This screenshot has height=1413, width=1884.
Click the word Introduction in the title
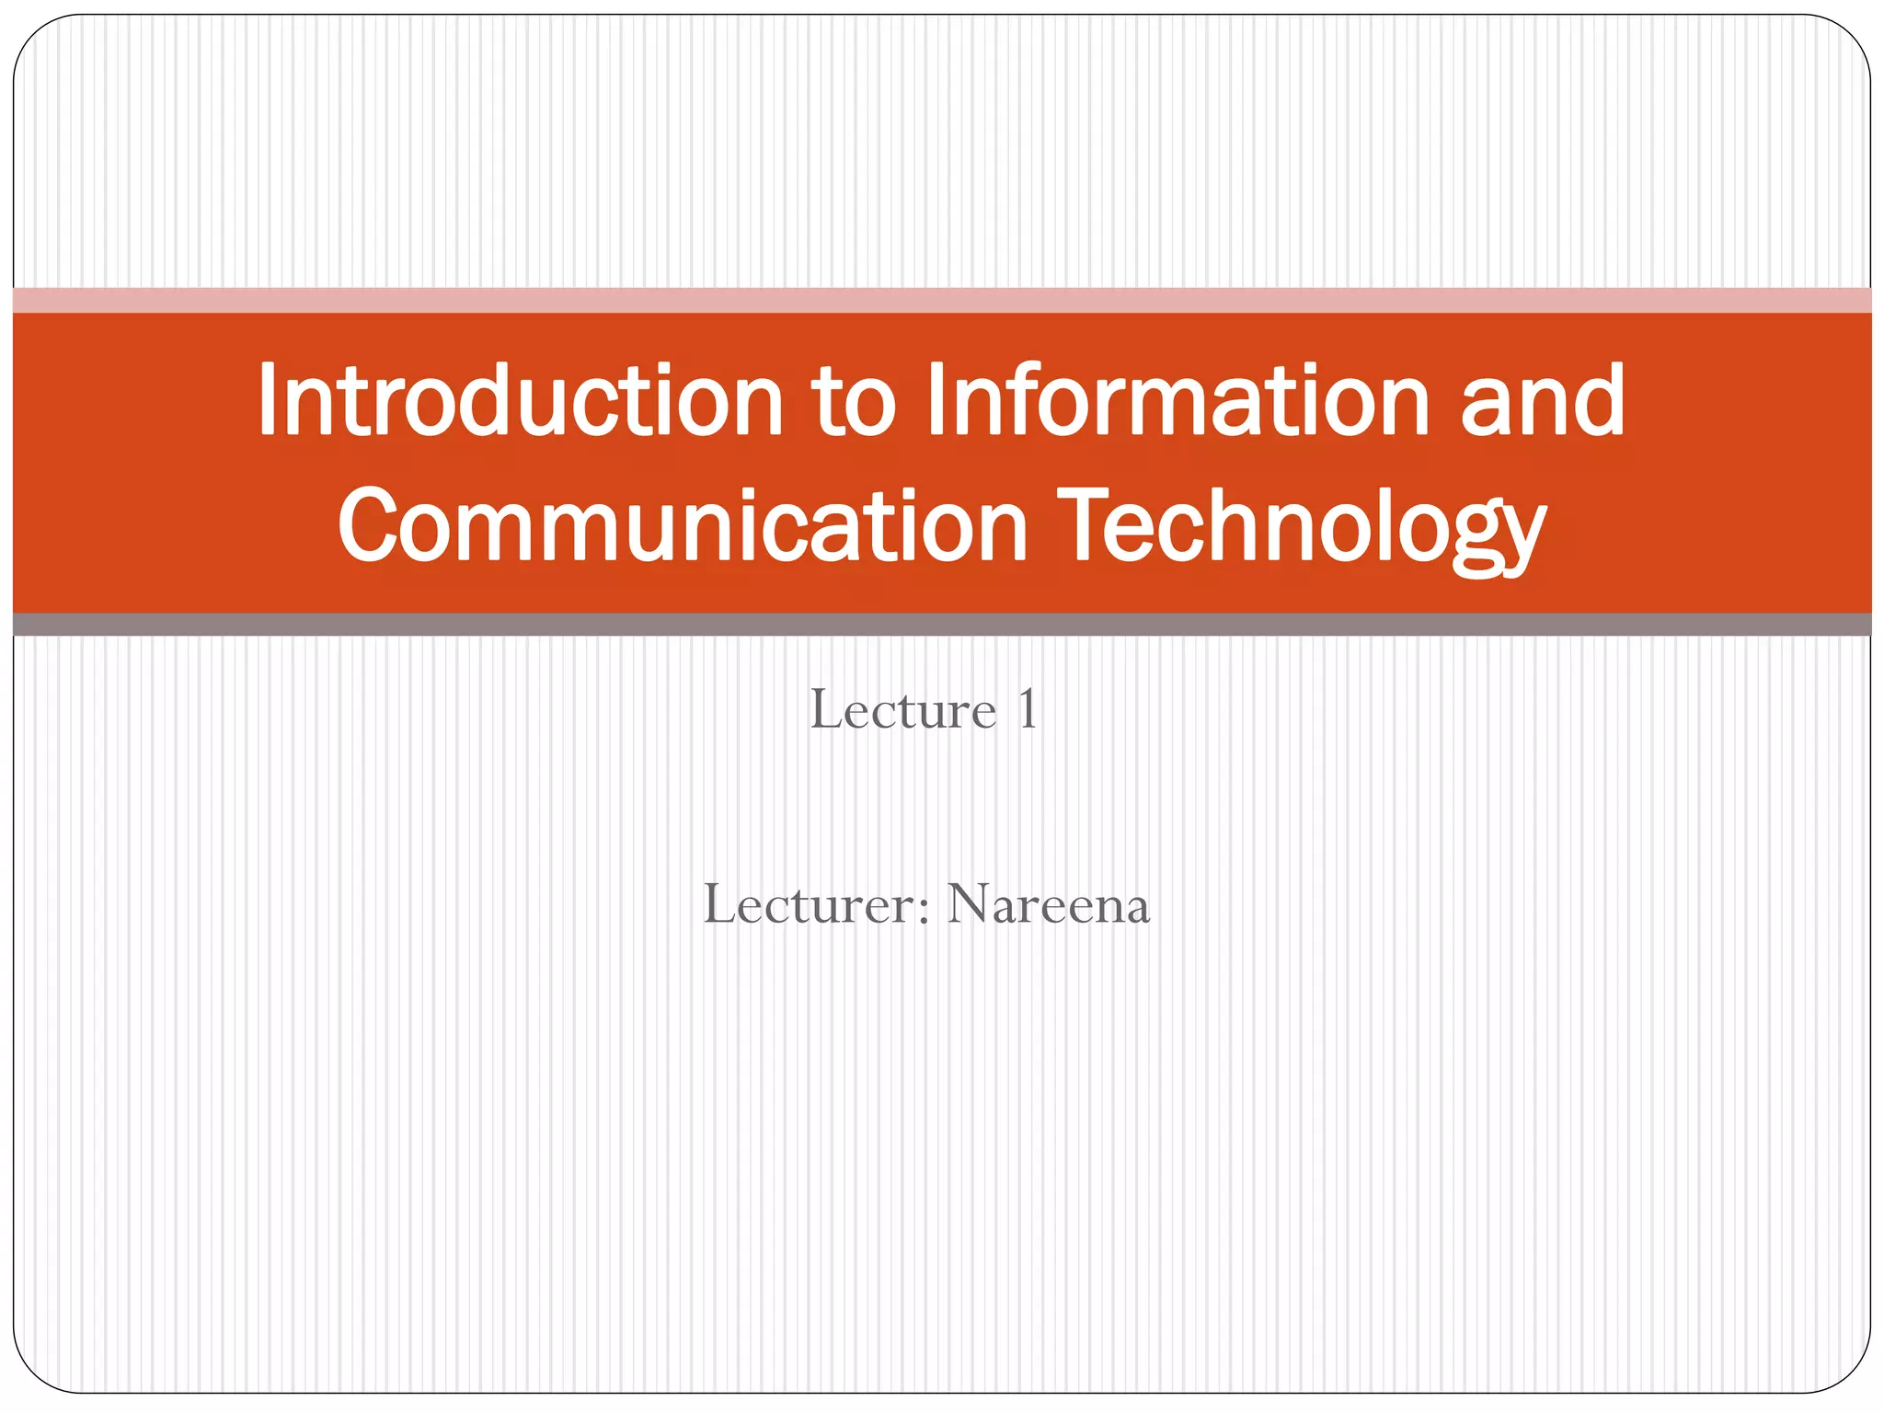point(520,400)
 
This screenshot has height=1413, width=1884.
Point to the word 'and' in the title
point(1543,400)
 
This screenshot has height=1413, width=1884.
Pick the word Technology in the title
point(1301,529)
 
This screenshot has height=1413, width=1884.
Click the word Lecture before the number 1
point(902,710)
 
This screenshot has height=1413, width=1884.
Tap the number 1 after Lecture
point(1027,710)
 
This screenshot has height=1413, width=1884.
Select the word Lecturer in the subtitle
point(809,904)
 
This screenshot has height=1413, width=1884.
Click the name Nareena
point(1048,905)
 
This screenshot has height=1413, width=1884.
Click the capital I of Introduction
point(267,400)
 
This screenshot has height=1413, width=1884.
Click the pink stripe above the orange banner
point(942,300)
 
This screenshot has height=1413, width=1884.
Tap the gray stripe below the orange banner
point(942,625)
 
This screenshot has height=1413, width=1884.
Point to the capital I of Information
point(936,400)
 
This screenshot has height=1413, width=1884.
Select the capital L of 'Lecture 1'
point(825,709)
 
